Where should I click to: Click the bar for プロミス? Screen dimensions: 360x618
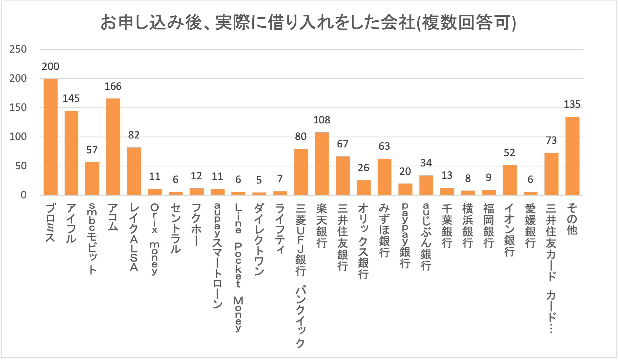50,137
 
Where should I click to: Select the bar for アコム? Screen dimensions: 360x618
113,147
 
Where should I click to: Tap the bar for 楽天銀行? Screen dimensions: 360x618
322,164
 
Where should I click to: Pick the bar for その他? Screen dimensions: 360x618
572,156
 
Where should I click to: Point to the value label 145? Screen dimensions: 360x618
71,98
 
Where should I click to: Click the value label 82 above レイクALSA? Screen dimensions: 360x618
134,135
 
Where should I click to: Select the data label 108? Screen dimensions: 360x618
322,120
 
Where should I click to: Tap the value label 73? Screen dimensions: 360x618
551,140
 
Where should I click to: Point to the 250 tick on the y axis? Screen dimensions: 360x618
18,49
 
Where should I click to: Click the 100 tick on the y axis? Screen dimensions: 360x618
18,137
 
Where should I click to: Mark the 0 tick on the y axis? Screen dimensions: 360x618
24,195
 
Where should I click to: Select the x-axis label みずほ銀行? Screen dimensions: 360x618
384,231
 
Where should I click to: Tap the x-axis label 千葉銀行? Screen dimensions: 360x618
447,226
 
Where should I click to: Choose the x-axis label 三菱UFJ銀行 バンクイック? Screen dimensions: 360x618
301,276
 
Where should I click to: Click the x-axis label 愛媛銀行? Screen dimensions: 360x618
530,226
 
